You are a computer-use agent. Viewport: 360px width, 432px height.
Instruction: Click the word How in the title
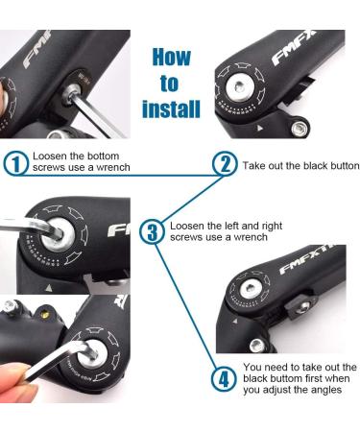coord(173,57)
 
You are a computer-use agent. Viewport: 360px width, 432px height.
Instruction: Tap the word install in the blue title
coord(171,108)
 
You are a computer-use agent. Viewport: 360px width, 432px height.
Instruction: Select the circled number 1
coord(14,162)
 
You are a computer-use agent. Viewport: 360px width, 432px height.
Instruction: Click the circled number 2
coord(223,163)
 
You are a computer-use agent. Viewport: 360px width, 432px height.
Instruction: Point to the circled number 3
coord(151,231)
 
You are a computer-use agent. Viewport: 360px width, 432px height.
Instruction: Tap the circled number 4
coord(223,377)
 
